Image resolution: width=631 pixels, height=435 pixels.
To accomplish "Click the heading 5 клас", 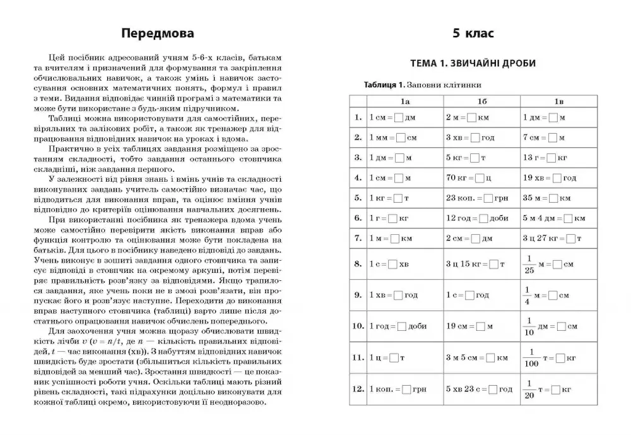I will click(x=473, y=33).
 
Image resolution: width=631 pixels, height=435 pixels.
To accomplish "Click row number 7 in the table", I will click(x=358, y=238).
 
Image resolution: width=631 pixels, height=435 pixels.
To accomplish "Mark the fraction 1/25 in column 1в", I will click(x=529, y=265).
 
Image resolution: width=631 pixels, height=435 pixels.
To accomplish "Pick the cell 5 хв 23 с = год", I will click(x=479, y=390).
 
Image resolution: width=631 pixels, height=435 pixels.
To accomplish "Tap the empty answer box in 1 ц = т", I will click(x=394, y=358).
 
